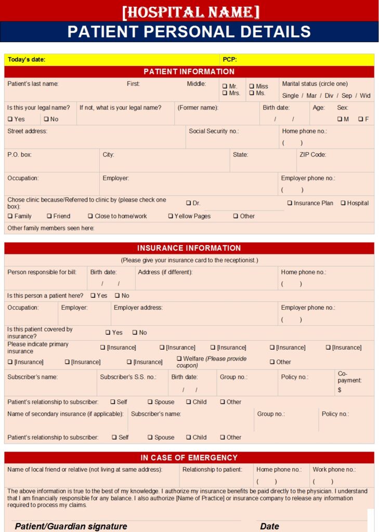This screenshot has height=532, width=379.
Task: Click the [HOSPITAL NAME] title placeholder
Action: [190, 11]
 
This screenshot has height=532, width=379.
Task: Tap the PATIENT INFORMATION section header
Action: [189, 72]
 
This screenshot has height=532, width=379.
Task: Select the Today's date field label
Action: [27, 60]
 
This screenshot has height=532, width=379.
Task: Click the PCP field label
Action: [230, 60]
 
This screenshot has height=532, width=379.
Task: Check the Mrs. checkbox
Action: [225, 94]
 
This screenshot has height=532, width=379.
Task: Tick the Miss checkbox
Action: [251, 86]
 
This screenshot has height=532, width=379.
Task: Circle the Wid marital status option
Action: [365, 96]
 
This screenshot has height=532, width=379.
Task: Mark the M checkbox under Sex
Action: [339, 119]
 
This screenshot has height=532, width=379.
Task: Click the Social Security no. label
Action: [214, 131]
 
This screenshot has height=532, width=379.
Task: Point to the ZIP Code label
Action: [312, 155]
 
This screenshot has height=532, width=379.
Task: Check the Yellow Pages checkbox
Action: [171, 216]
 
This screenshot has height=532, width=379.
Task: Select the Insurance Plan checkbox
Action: [290, 203]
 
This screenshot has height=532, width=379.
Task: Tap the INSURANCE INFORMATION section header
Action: [189, 248]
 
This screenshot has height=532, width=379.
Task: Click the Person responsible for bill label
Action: [42, 272]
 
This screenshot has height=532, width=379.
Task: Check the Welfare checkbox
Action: [179, 358]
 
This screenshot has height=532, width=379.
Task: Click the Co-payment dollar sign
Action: [339, 390]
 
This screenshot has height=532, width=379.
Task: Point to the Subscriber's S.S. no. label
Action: [128, 377]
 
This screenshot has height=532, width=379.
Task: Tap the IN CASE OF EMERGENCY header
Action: [189, 458]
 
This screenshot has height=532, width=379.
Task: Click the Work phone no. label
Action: [334, 470]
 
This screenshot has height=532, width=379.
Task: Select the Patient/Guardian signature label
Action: [71, 526]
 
